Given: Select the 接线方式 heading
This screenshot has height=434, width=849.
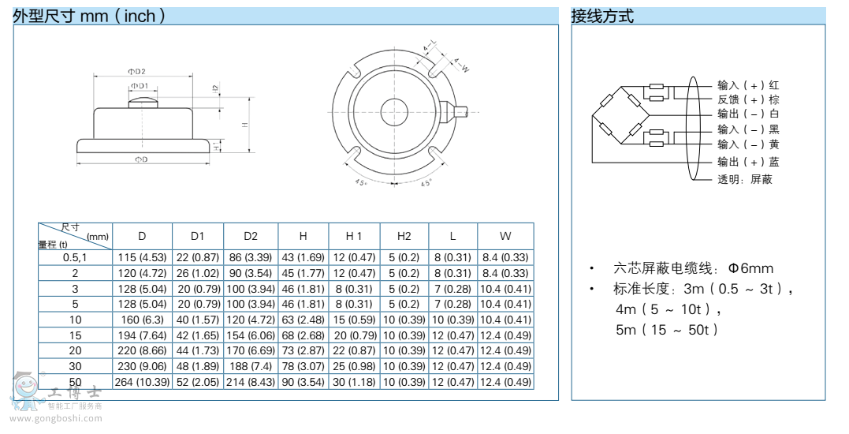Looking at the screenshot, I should [602, 16].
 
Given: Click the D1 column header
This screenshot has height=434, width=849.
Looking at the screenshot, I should [197, 236].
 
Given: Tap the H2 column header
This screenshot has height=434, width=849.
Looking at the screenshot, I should [404, 236].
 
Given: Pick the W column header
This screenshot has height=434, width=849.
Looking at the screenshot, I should [505, 236].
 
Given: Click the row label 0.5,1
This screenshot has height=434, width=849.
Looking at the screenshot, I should [76, 257].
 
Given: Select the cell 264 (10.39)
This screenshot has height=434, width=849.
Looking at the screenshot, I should [142, 382].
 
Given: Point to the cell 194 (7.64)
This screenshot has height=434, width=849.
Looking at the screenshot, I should [142, 335].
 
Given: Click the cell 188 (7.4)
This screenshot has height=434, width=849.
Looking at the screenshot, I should [251, 366].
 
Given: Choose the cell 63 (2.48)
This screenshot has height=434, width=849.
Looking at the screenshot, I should [303, 320].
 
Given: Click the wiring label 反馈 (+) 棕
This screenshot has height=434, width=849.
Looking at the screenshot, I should [748, 99].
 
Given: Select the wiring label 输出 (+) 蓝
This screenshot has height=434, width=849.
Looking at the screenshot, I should [748, 162].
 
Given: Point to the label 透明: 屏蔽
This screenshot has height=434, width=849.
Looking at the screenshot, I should [744, 179].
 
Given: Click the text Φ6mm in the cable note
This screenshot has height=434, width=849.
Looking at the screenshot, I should [750, 268].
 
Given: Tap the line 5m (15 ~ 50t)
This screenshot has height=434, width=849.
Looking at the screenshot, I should [667, 330].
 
